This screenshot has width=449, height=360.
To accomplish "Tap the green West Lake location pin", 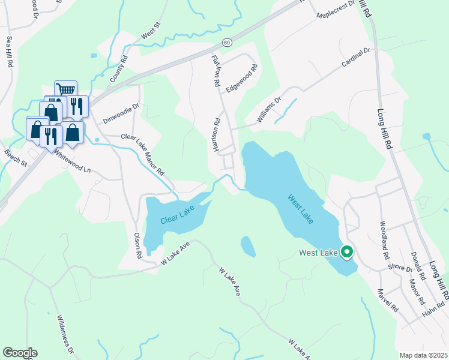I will coord(346,253).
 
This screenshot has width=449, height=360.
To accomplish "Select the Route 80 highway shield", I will coord(226,42).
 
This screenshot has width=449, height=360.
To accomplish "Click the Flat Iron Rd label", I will coord(216,71).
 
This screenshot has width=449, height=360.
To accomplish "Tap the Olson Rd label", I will coord(137,245).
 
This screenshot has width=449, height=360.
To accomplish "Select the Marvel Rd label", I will coord(388,301).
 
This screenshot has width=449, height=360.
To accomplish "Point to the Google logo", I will coord(20,353).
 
